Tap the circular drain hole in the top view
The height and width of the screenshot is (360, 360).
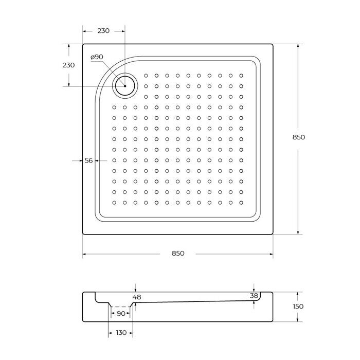click(x=125, y=85)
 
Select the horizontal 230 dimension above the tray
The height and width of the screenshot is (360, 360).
click(x=103, y=31)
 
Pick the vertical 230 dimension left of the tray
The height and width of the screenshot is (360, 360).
click(x=68, y=65)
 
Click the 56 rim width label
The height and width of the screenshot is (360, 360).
click(x=88, y=160)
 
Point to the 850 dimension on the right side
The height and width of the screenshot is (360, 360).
click(x=299, y=137)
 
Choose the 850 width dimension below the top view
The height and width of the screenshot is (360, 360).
click(x=178, y=253)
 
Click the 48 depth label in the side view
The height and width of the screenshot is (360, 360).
click(x=137, y=297)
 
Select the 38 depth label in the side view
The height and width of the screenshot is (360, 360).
click(x=254, y=296)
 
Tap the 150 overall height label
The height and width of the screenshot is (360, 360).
click(x=298, y=307)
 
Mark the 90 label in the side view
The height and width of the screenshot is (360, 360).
click(x=121, y=313)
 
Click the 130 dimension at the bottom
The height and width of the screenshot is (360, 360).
click(x=121, y=333)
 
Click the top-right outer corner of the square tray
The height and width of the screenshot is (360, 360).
click(x=273, y=44)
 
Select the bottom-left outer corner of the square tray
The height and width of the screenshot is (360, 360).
click(x=83, y=235)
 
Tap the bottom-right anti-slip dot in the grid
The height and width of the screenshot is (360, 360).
click(x=241, y=202)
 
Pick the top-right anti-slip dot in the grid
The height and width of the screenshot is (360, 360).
click(x=241, y=76)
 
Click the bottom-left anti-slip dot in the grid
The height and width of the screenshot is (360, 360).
click(x=114, y=202)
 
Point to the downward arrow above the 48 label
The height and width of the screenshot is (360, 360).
click(x=135, y=289)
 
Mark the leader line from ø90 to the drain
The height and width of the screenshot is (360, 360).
click(x=109, y=69)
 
